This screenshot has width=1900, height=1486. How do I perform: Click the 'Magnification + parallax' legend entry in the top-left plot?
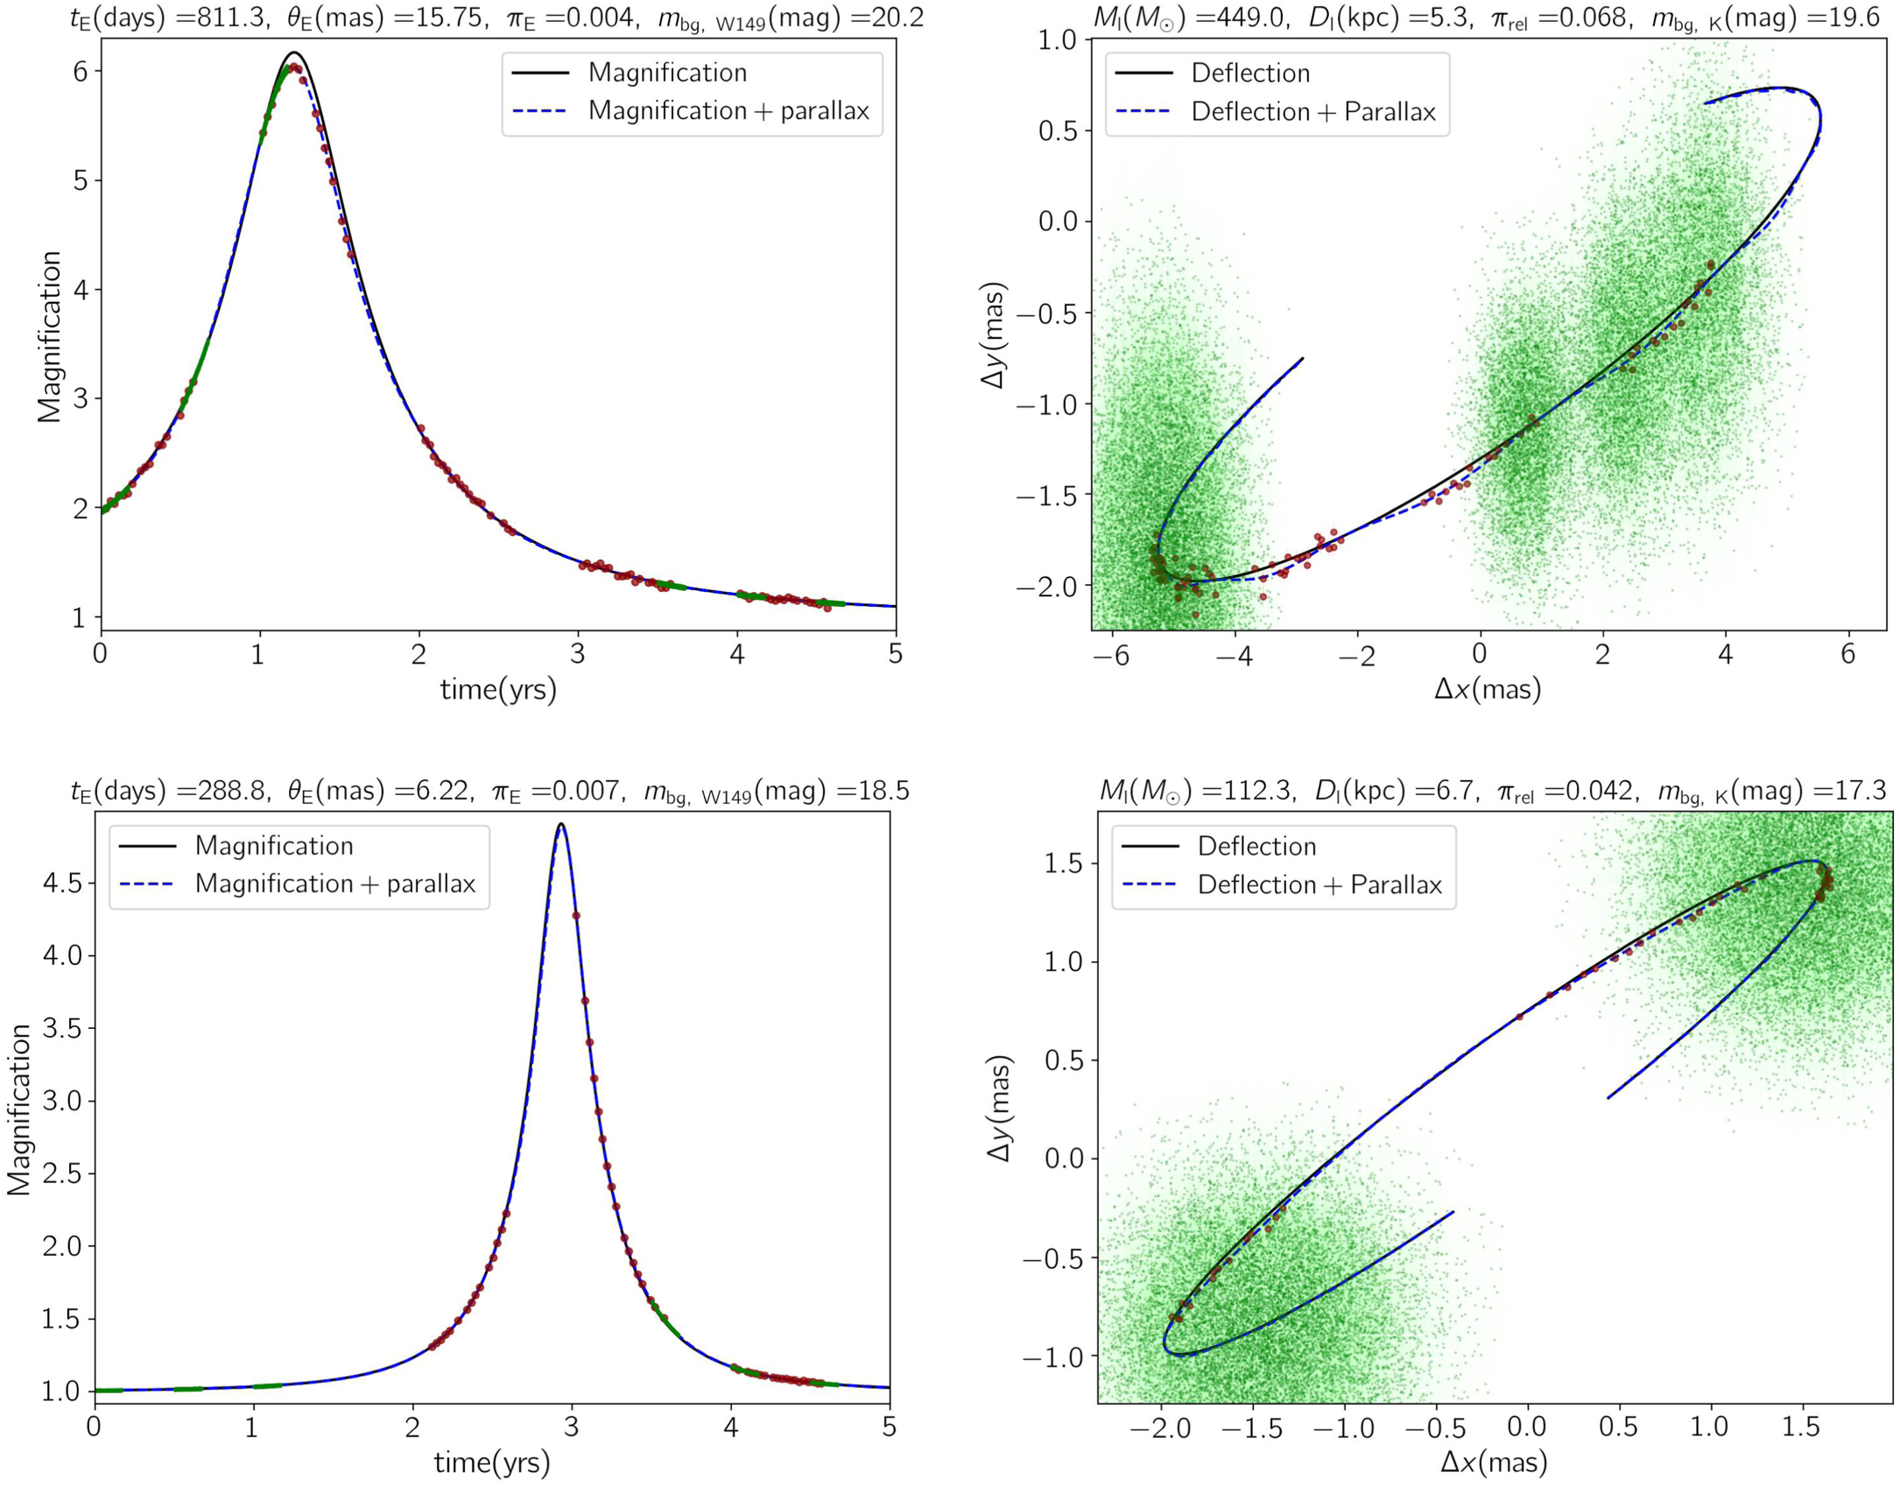(x=728, y=110)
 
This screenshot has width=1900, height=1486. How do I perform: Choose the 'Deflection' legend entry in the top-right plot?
(x=1250, y=73)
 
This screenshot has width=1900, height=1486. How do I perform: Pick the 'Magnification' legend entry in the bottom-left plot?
(x=274, y=845)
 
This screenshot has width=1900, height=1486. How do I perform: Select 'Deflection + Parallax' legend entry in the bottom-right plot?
(x=1319, y=884)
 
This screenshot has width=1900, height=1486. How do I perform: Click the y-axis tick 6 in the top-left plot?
(x=81, y=71)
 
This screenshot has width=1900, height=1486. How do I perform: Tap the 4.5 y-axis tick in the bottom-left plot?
(x=62, y=883)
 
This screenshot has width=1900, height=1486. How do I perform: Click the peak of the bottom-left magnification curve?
(x=560, y=824)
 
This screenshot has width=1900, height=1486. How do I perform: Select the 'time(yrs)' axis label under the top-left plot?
(x=498, y=690)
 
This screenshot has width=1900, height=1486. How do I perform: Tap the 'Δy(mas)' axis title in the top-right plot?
(x=995, y=336)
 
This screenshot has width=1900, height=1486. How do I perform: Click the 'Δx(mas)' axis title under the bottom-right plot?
(x=1494, y=1461)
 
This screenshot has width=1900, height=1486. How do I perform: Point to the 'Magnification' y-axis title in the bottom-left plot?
(x=19, y=1109)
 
